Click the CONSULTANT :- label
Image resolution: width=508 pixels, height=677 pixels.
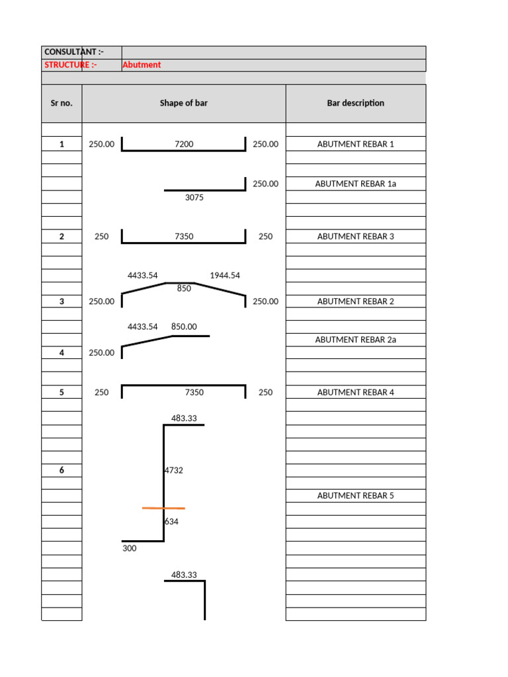[73, 52]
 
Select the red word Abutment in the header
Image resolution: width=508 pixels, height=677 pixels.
[142, 65]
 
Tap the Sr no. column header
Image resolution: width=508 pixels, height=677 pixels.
[62, 103]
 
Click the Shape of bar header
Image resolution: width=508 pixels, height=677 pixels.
[183, 103]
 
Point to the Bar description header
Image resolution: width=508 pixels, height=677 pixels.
[355, 103]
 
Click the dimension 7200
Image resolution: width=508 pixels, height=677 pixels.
[184, 144]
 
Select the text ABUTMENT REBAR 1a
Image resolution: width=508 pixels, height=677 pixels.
[355, 184]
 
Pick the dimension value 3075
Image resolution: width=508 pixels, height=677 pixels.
[194, 197]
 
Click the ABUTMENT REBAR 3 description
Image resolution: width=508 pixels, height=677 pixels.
[355, 236]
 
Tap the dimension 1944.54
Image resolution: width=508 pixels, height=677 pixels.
[225, 275]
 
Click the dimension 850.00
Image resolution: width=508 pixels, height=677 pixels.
[184, 327]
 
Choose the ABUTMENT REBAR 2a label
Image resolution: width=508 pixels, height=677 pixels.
[355, 340]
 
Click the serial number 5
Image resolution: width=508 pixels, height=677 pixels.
[62, 392]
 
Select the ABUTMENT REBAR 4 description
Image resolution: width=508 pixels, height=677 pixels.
[355, 392]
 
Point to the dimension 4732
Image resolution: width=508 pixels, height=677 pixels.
[173, 471]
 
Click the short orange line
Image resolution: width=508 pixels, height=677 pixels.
[163, 508]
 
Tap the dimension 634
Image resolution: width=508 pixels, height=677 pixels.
[171, 522]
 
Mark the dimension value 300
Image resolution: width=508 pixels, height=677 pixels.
[130, 548]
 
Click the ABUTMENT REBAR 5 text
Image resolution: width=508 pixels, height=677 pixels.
[355, 495]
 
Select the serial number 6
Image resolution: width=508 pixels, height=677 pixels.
[62, 470]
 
